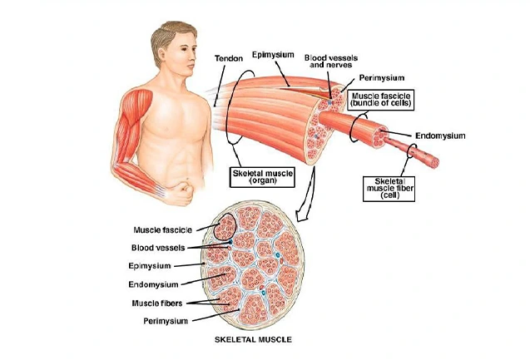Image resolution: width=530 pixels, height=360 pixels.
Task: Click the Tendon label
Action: (228, 59)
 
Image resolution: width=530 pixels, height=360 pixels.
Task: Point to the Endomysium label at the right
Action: (439, 136)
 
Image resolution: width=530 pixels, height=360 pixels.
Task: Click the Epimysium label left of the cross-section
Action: (151, 266)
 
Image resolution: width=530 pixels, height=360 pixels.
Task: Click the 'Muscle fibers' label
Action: (156, 302)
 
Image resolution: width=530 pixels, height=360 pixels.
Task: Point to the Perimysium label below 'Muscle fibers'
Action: (162, 319)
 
